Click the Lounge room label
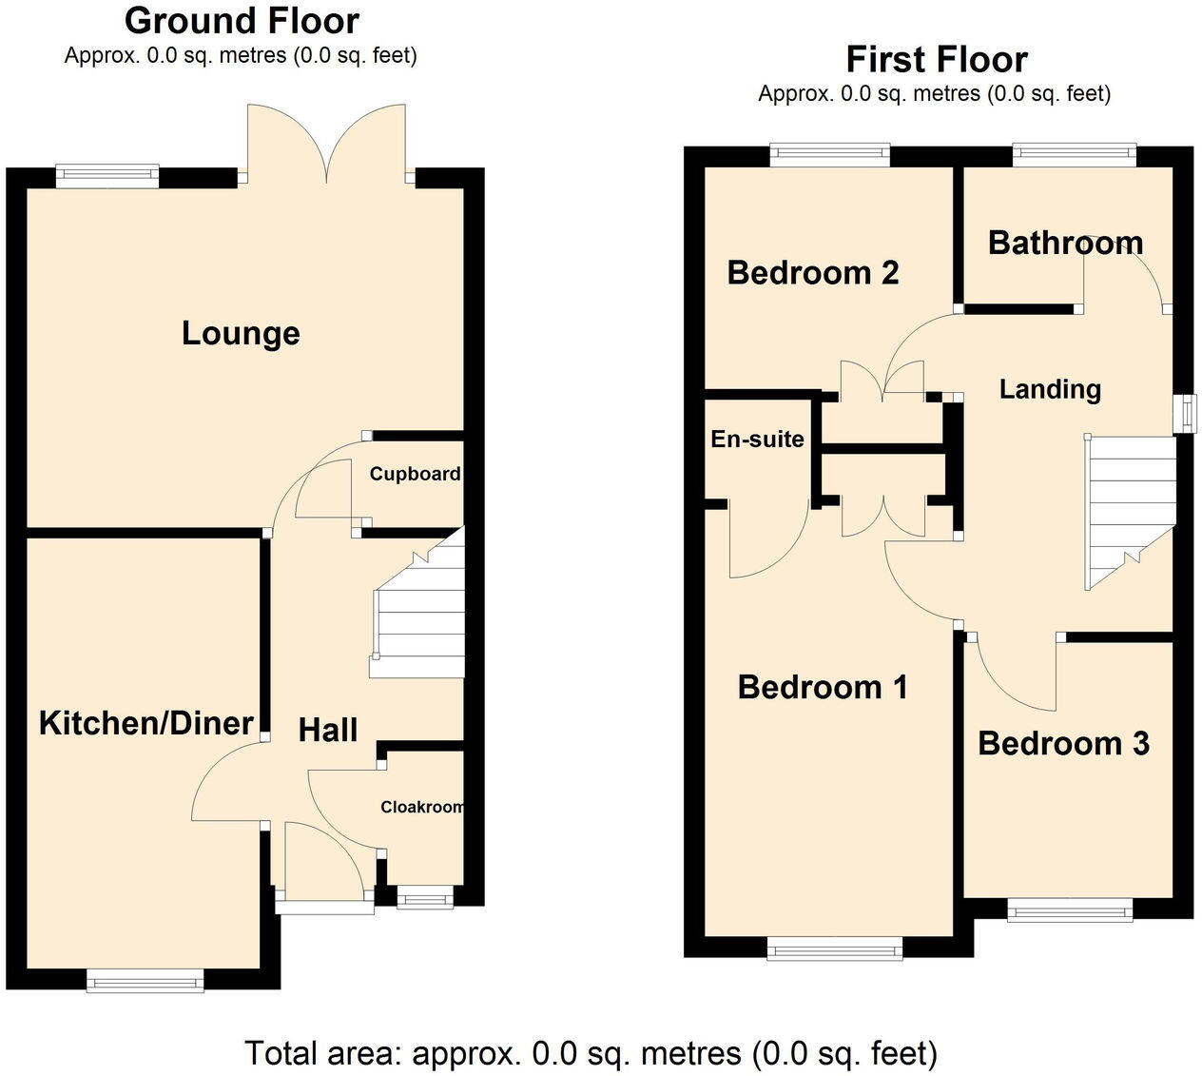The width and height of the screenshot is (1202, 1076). (x=241, y=334)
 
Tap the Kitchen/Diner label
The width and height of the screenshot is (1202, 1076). (x=146, y=723)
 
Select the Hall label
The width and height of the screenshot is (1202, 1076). (x=328, y=730)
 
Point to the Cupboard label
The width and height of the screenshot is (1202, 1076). (x=415, y=474)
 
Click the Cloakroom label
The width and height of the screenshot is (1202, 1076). (x=422, y=807)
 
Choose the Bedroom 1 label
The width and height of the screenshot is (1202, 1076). (x=823, y=687)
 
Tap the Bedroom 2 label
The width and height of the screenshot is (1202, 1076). (x=813, y=273)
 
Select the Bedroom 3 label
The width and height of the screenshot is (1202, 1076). (x=1064, y=744)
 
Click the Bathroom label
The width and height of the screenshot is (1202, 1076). (x=1066, y=244)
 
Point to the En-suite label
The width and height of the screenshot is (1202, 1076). (x=758, y=440)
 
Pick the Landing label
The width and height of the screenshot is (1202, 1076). (x=1050, y=390)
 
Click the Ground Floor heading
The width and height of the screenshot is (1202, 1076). (x=242, y=21)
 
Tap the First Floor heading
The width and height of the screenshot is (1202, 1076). (x=937, y=60)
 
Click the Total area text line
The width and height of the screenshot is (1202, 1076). (x=591, y=1053)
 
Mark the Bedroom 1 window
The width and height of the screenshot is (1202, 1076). (x=835, y=948)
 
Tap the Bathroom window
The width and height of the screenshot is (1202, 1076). (x=1075, y=154)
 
